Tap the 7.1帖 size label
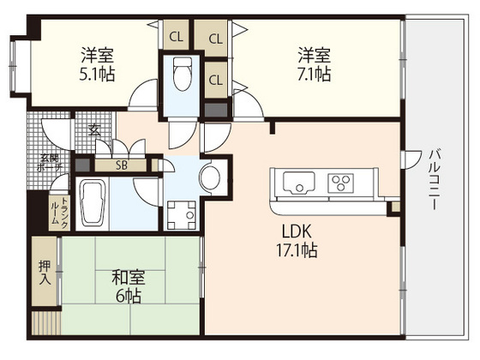click(x=314, y=75)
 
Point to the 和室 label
click(x=129, y=279)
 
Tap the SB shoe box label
click(x=122, y=165)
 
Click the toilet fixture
click(x=180, y=75)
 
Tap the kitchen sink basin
click(x=296, y=183)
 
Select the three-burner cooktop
click(x=342, y=183)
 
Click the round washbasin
click(x=209, y=177)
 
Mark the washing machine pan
click(x=181, y=212)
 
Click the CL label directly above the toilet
click(x=176, y=37)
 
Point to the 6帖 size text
click(x=129, y=297)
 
